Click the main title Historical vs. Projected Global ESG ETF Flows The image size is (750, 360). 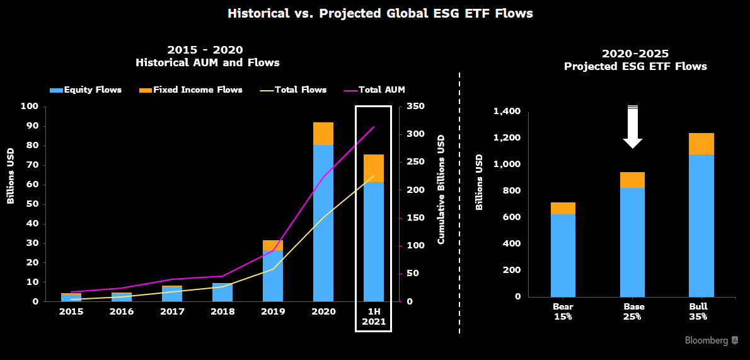(x=380, y=13)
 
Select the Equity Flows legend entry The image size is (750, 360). (x=86, y=90)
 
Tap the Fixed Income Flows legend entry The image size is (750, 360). (x=192, y=90)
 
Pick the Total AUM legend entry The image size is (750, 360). (x=375, y=90)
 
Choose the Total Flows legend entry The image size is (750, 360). (x=293, y=90)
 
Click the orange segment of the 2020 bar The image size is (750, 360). (x=323, y=134)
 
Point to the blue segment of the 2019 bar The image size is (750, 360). (x=273, y=276)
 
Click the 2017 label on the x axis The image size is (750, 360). (x=171, y=311)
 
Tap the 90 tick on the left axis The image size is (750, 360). (x=33, y=126)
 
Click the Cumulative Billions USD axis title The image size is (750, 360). (x=441, y=189)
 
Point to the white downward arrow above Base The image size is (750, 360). (x=633, y=127)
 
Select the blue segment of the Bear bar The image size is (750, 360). (x=563, y=255)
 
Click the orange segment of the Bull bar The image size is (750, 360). (x=701, y=144)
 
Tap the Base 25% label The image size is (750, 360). (x=632, y=311)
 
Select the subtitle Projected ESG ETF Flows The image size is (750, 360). (x=635, y=67)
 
